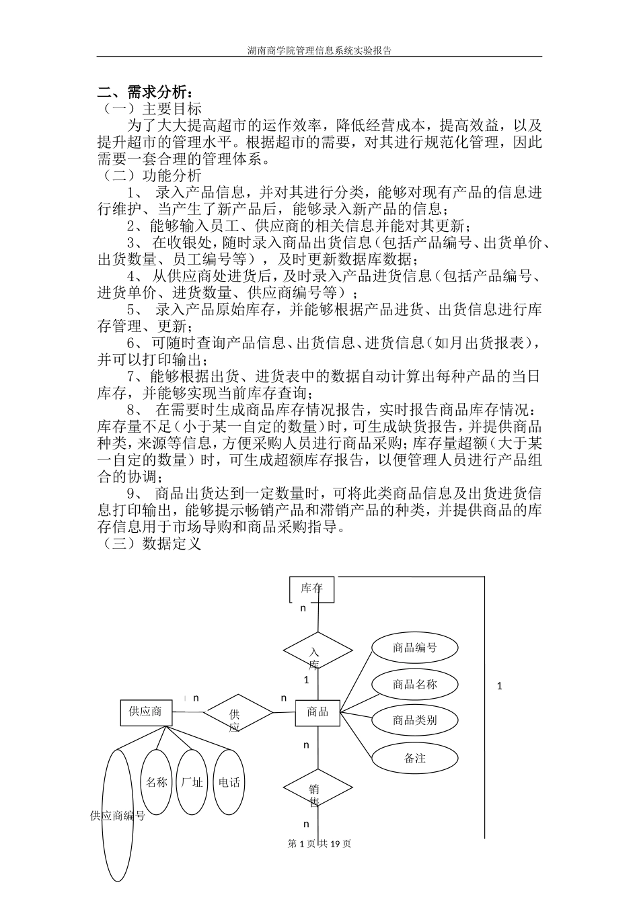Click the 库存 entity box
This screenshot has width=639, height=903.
[311, 589]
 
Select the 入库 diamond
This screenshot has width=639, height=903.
[317, 652]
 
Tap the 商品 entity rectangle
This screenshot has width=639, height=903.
[317, 712]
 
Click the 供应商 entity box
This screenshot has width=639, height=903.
[145, 712]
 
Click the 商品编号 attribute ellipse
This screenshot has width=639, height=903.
[415, 648]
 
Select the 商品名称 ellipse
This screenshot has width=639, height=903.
[415, 685]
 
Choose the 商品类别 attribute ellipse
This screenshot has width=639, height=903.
[415, 720]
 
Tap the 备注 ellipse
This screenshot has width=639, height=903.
[415, 758]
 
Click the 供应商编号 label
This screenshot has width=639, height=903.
[118, 816]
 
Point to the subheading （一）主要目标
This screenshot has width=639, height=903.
[149, 109]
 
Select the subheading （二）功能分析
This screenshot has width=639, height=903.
[149, 176]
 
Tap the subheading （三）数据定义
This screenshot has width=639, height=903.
[149, 544]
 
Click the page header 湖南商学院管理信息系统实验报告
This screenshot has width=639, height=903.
[319, 50]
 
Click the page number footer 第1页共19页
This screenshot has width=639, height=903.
[319, 843]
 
